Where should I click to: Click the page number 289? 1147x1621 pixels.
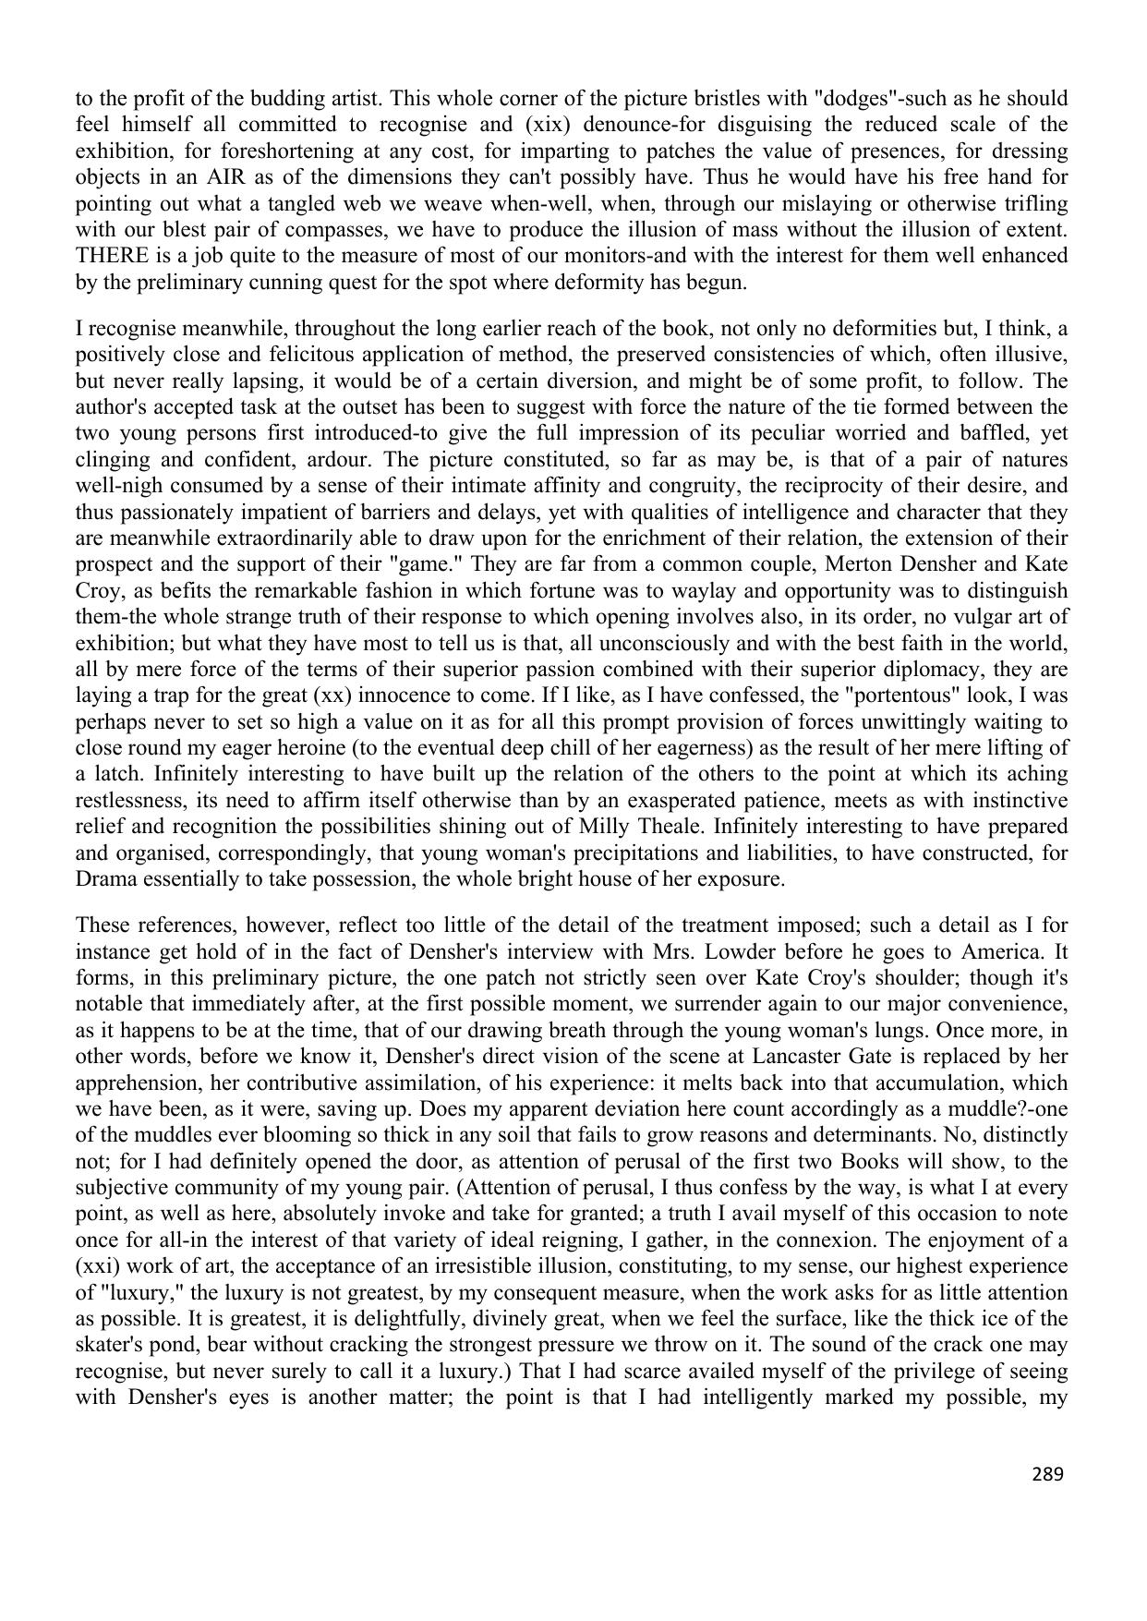tap(1047, 1474)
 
